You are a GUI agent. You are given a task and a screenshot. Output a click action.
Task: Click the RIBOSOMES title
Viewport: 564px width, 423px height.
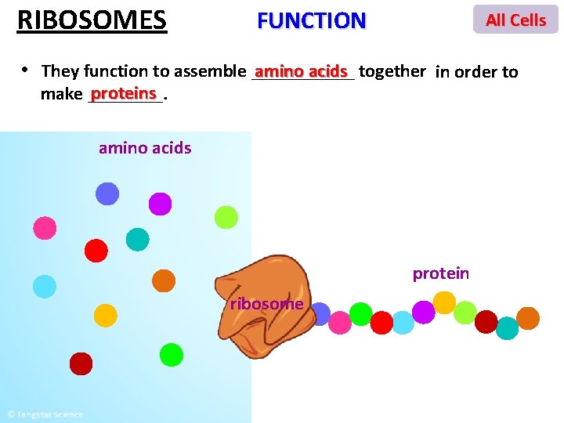(x=92, y=19)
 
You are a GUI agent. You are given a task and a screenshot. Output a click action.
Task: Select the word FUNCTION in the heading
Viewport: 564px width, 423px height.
(x=311, y=20)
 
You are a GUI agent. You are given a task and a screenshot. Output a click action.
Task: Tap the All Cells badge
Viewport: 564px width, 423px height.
(x=515, y=20)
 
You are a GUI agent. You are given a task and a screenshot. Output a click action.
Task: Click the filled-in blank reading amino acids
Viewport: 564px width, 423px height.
(x=301, y=71)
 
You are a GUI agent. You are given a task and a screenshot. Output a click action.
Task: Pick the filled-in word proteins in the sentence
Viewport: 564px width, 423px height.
(x=124, y=94)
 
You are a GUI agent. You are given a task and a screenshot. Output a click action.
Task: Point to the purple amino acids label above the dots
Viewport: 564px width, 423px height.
(x=145, y=147)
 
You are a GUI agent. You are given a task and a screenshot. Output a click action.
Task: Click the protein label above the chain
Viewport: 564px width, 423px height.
(x=441, y=273)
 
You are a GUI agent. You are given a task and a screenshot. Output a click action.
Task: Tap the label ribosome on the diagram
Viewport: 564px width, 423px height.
(x=266, y=303)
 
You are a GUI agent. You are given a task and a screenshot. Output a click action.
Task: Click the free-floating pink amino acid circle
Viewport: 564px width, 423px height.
(x=45, y=228)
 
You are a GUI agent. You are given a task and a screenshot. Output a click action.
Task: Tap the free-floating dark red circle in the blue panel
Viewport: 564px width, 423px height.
(x=81, y=363)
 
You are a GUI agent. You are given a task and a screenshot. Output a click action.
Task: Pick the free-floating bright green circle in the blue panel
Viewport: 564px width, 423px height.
(x=171, y=355)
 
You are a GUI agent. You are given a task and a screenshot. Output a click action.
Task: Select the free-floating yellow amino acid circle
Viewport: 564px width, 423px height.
(x=105, y=315)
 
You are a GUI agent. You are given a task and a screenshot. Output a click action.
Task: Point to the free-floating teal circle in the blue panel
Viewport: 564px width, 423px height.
(x=137, y=239)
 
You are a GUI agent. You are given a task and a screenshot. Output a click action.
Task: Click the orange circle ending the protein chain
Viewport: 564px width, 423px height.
(x=528, y=318)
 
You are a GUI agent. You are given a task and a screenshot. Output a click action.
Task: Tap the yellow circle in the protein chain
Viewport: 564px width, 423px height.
(x=444, y=302)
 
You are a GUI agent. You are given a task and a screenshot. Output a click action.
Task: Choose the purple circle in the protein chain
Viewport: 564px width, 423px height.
(x=423, y=312)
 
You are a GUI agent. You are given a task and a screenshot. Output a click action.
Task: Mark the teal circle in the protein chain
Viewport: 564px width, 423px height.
(x=507, y=328)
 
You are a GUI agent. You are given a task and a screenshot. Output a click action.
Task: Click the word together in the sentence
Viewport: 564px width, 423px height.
(x=392, y=71)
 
